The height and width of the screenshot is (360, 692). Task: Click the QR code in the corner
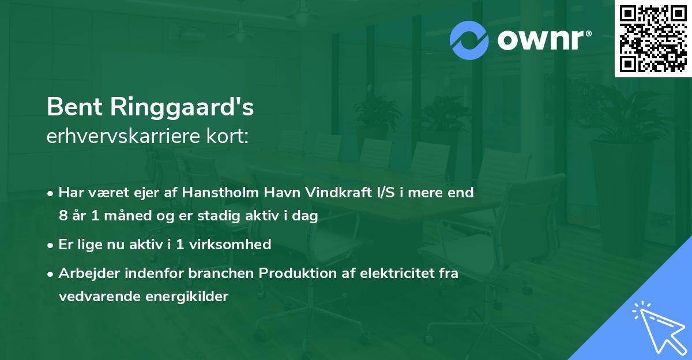tap(653, 38)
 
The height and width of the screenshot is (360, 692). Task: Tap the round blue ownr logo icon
tap(469, 40)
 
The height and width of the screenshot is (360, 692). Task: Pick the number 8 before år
tap(63, 216)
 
